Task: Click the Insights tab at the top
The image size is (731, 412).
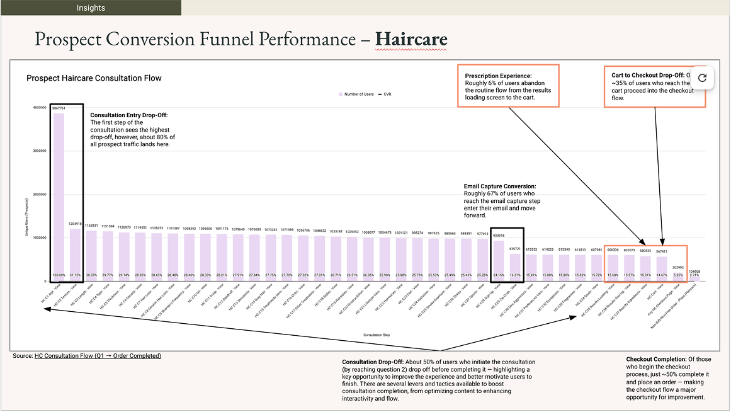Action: [x=91, y=8]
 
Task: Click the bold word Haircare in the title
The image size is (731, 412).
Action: [x=411, y=39]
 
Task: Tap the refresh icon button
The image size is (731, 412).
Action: [x=703, y=77]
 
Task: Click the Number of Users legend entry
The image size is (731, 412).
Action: [x=356, y=94]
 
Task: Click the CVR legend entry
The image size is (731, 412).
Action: [x=386, y=94]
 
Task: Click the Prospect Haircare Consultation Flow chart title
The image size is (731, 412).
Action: [x=94, y=78]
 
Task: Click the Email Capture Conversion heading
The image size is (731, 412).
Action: [x=500, y=186]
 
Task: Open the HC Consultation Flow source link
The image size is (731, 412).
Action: [x=98, y=356]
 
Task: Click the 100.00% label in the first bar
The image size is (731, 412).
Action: [x=59, y=275]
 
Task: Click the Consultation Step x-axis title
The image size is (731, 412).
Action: [x=377, y=335]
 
